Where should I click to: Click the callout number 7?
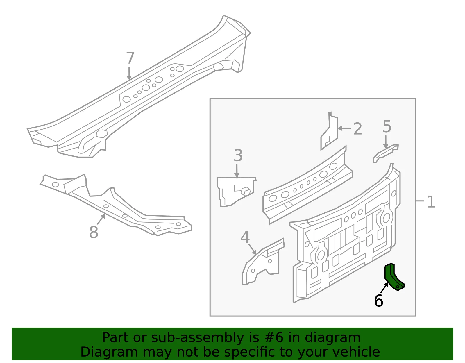point(130,58)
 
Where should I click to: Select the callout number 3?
point(238,155)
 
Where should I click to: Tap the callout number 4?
point(245,237)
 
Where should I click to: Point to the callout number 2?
point(357,129)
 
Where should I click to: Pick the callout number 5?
point(387,127)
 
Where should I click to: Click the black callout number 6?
point(378,301)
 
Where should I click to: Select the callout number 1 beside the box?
point(431,202)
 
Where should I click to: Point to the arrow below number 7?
point(129,73)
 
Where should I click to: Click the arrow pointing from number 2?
point(344,128)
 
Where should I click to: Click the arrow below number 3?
point(237,171)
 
